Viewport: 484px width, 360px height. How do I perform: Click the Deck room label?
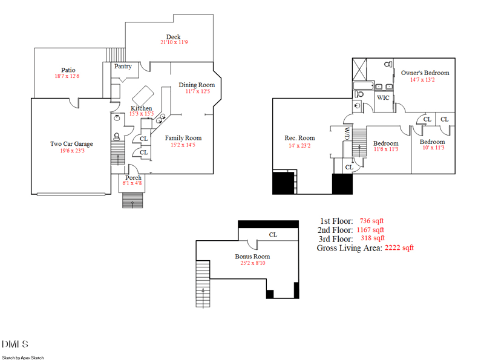tap(174, 37)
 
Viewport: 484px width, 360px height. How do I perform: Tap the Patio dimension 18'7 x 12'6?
tap(67, 76)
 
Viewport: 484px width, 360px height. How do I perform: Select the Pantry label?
tap(123, 67)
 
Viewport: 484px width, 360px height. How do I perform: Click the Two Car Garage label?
tap(71, 144)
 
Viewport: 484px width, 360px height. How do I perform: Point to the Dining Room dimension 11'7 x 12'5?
tap(197, 91)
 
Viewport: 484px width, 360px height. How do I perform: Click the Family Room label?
tap(183, 138)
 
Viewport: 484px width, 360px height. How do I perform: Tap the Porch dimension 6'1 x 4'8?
tap(133, 183)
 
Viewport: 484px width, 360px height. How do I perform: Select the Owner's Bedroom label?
tap(425, 73)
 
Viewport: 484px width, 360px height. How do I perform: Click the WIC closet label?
tap(383, 97)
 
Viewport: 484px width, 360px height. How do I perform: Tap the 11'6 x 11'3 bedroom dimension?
tap(385, 149)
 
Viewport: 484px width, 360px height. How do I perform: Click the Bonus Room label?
tap(252, 257)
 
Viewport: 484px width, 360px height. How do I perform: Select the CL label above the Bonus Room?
tap(273, 235)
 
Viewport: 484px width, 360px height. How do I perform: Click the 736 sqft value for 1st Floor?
tap(371, 221)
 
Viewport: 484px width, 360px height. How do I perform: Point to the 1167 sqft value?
tap(370, 230)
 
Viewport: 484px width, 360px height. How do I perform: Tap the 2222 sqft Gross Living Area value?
tap(399, 247)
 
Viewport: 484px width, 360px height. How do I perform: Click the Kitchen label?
tap(142, 108)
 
